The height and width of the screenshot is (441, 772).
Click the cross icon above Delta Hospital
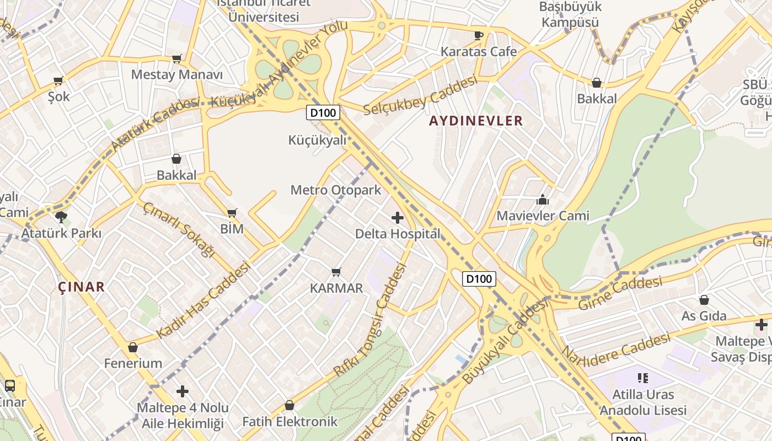397,218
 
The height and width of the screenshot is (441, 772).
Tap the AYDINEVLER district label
476,121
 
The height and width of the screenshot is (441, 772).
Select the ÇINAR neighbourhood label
82,287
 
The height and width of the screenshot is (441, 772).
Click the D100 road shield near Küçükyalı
323,113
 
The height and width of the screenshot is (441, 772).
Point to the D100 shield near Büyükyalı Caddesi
479,278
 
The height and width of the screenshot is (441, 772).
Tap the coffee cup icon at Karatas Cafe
479,36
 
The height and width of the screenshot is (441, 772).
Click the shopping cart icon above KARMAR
336,272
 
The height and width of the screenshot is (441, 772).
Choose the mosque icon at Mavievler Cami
543,200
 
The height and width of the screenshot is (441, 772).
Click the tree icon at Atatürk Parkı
61,217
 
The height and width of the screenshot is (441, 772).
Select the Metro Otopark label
336,190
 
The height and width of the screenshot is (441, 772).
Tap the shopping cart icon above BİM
232,213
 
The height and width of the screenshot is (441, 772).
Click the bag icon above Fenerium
133,347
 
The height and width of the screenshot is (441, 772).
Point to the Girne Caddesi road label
620,294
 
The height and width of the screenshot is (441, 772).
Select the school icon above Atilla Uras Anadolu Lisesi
642,378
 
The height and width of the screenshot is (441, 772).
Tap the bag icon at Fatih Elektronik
289,406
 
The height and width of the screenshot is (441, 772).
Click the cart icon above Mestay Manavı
177,58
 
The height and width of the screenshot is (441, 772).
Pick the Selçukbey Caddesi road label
420,96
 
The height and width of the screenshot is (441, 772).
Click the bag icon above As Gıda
704,300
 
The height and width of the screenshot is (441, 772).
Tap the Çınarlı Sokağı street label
178,229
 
